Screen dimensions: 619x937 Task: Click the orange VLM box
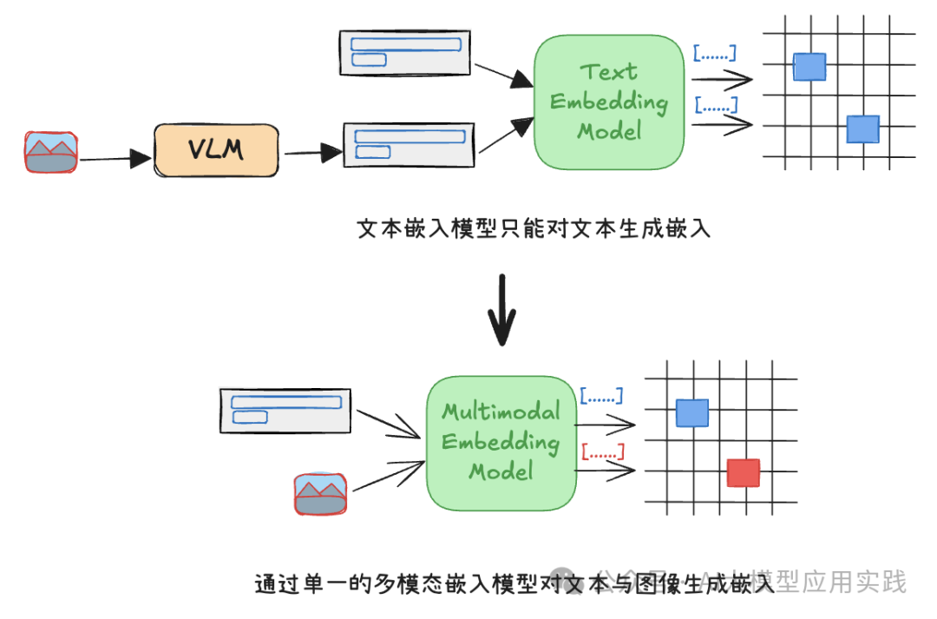(216, 151)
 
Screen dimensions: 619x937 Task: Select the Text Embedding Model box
(609, 102)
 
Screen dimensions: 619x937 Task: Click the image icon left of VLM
(50, 152)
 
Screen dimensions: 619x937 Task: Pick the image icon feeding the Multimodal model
(320, 494)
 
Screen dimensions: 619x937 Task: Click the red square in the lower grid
(744, 473)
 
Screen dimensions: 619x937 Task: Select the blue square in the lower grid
(692, 413)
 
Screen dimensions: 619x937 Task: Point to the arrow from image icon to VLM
(115, 159)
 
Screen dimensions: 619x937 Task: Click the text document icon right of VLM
(410, 144)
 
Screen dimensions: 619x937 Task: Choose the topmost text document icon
(404, 51)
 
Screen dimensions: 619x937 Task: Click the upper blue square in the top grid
(809, 67)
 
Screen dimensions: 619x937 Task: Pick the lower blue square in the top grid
(863, 129)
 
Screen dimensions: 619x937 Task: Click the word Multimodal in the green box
(501, 412)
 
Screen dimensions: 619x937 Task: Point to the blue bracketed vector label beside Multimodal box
(601, 396)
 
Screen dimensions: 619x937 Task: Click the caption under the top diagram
(534, 230)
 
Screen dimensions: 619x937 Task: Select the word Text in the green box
(608, 71)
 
